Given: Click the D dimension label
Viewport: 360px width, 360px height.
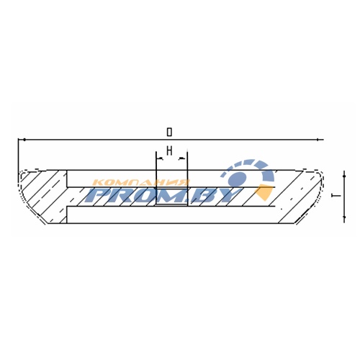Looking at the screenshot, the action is (x=169, y=132).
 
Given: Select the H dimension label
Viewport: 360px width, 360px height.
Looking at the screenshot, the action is (x=169, y=151).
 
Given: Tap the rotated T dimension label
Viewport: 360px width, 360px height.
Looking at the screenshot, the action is (x=336, y=196).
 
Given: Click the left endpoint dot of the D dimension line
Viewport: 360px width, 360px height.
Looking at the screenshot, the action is (x=24, y=140).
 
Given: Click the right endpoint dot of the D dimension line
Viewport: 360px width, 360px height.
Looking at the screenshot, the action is (x=318, y=140).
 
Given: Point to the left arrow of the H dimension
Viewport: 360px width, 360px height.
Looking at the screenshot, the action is (x=160, y=158).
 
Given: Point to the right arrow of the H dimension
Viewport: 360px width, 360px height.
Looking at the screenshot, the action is (x=183, y=158).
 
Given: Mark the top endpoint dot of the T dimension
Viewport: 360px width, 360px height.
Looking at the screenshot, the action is (x=344, y=176).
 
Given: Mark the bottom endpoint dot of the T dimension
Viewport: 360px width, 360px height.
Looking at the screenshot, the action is (x=344, y=217).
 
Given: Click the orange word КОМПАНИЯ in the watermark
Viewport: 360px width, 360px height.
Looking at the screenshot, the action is (x=141, y=183).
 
